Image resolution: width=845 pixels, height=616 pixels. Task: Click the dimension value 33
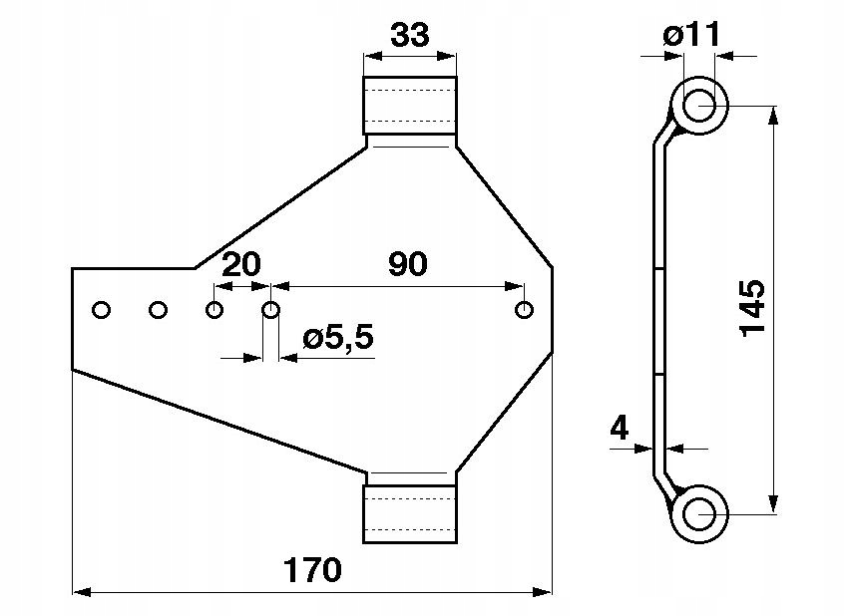click(409, 36)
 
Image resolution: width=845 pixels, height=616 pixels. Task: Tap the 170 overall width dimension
click(312, 570)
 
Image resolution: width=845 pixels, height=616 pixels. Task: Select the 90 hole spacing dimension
click(407, 264)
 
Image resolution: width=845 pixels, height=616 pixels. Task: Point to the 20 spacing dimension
click(240, 264)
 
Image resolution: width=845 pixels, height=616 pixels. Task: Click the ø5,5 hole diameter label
click(338, 338)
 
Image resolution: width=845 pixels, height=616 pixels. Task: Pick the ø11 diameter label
click(690, 36)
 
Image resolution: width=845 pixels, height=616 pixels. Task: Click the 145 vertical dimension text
click(753, 306)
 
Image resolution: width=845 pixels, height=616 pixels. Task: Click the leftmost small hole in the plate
click(100, 310)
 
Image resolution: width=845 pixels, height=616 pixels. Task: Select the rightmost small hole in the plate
click(525, 310)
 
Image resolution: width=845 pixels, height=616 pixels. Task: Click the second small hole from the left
click(157, 310)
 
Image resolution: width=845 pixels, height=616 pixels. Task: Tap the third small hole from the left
click(213, 310)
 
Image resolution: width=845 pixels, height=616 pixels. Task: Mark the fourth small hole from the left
click(270, 310)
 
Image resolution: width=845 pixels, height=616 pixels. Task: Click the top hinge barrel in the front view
click(409, 106)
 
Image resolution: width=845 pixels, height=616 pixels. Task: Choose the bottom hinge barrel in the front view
click(409, 512)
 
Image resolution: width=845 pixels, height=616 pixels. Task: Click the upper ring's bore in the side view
click(698, 104)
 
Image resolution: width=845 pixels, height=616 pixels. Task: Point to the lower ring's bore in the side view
click(698, 512)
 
